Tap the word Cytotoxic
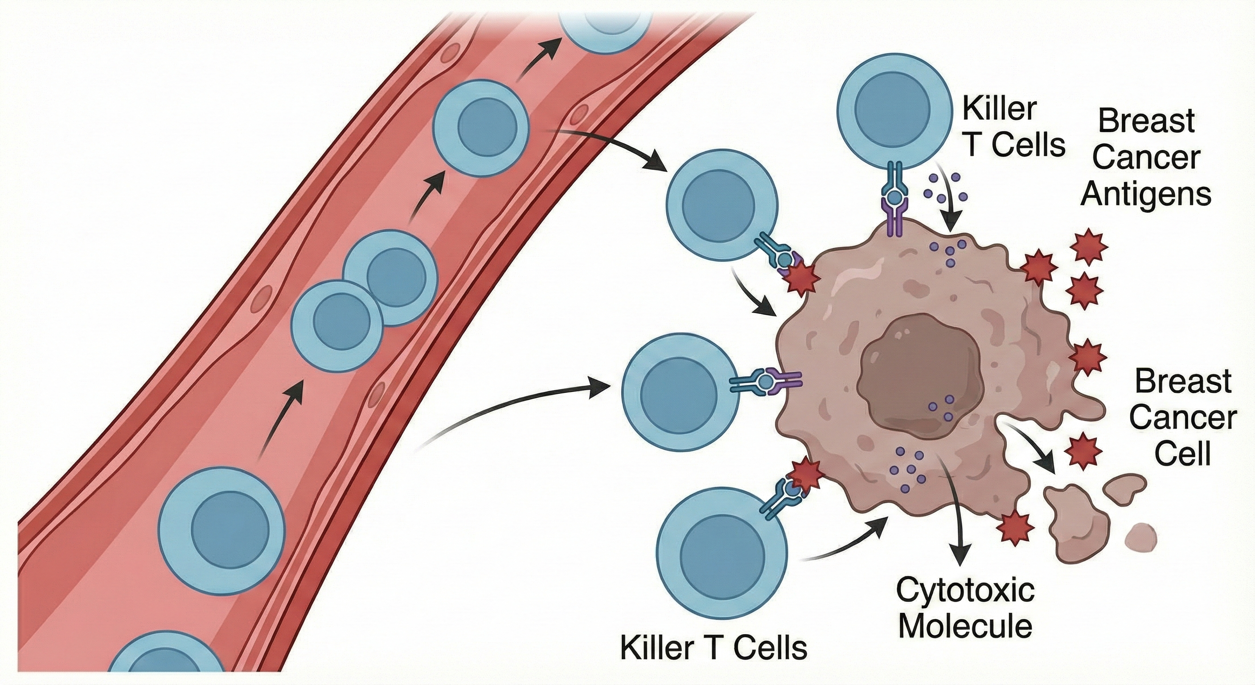(966, 591)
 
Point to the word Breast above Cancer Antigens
(1146, 121)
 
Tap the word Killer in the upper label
(999, 109)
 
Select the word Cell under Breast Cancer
(1183, 455)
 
